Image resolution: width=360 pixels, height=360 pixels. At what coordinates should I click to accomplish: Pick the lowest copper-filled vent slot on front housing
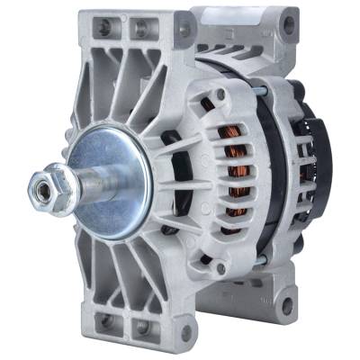pos(236,220)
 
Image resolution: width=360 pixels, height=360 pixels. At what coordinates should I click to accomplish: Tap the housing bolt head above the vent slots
pos(220,94)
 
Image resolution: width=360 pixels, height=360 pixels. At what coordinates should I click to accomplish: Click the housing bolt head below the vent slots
pos(219,266)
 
